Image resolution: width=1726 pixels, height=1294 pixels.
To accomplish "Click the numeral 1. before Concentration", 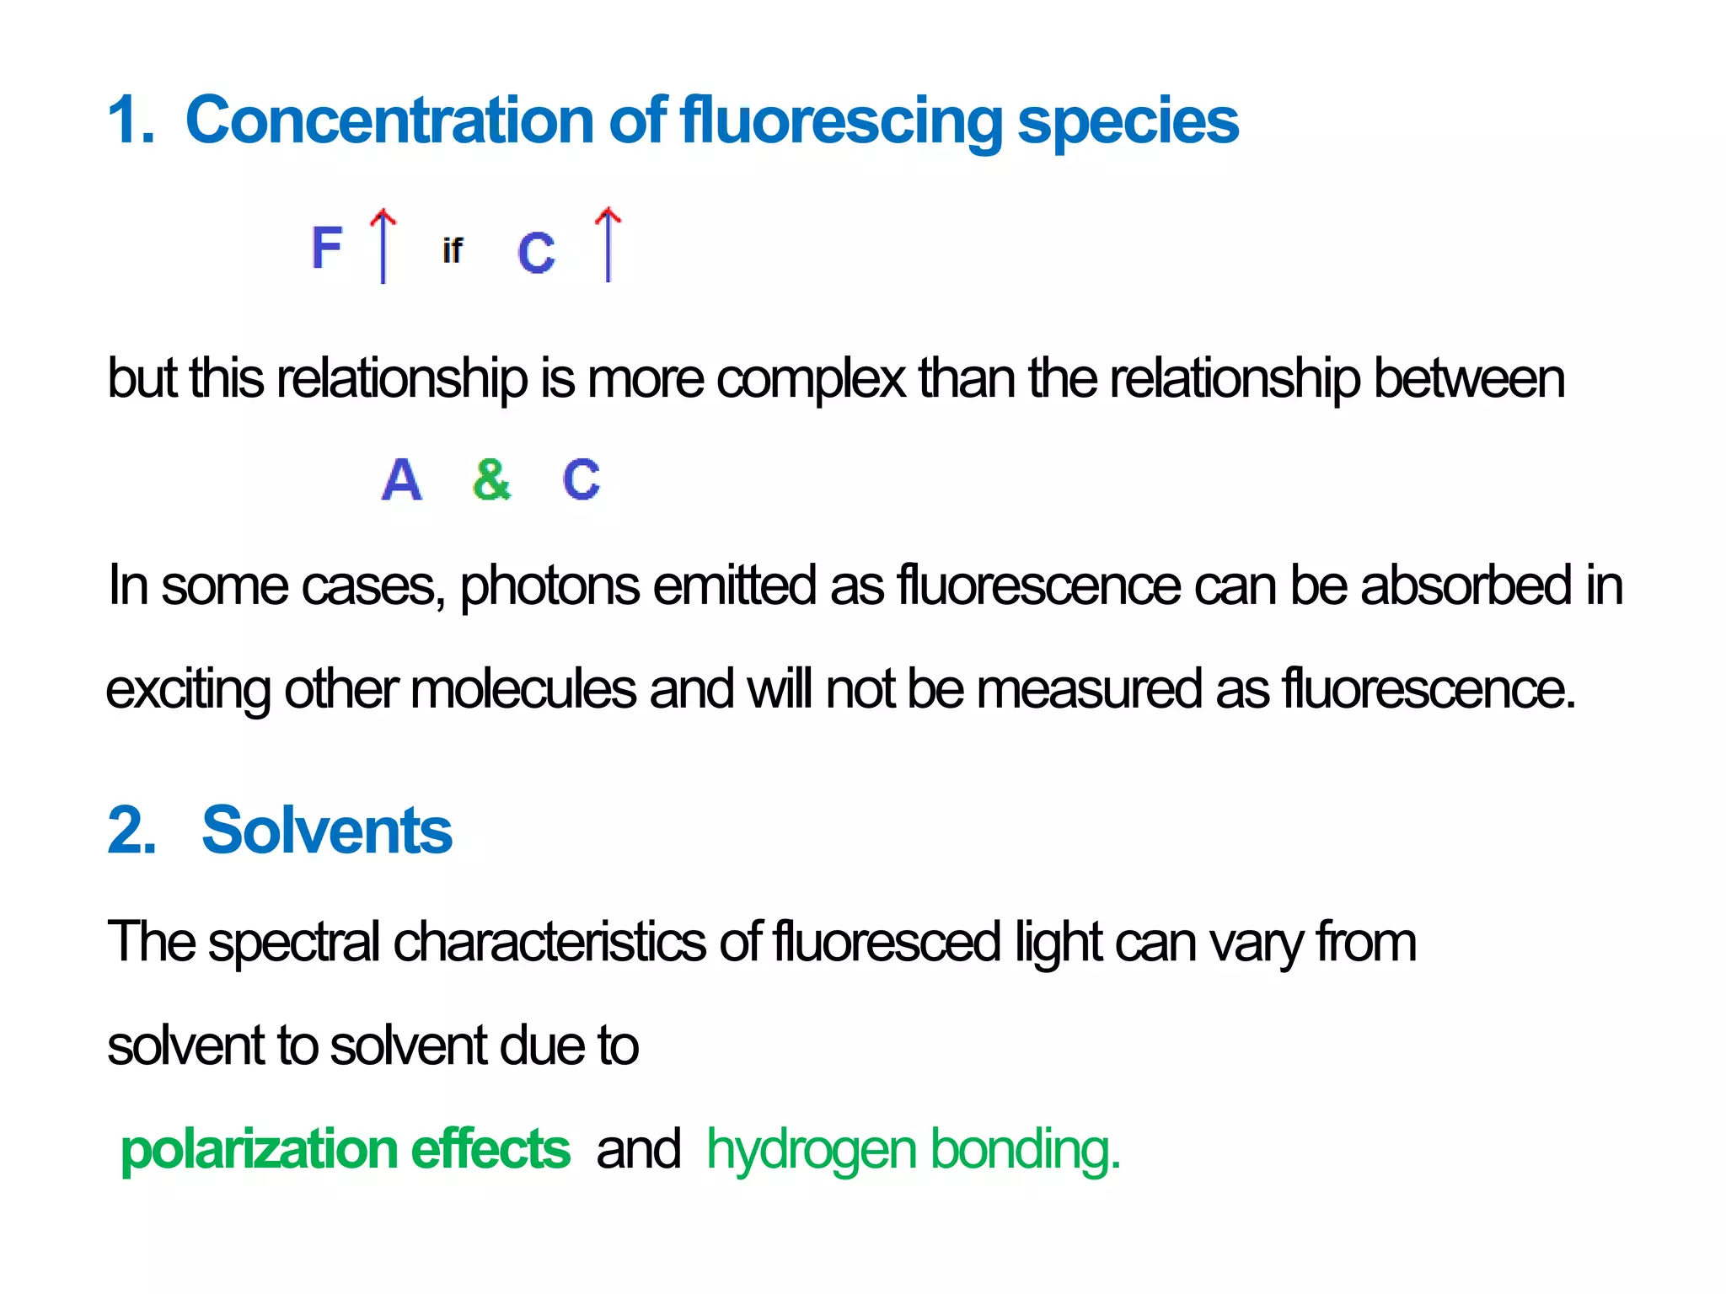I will tap(131, 120).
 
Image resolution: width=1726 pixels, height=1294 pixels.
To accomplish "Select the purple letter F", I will tap(326, 248).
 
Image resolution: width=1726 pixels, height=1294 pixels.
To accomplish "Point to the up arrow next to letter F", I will tap(383, 245).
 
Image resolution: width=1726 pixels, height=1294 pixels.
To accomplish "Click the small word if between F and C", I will tap(452, 250).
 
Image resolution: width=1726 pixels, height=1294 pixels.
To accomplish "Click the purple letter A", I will tap(401, 479).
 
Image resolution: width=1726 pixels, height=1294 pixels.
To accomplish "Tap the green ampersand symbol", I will tap(491, 479).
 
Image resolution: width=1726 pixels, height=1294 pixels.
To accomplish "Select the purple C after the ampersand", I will tap(581, 479).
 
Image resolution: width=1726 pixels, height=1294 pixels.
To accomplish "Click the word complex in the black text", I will tap(810, 379).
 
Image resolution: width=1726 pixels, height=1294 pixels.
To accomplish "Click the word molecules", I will tap(523, 689).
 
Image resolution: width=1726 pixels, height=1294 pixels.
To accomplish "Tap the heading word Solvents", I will tap(327, 831).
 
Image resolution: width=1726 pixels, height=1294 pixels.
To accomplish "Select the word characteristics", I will tap(549, 941).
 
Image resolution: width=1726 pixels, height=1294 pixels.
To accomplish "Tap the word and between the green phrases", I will tap(638, 1150).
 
